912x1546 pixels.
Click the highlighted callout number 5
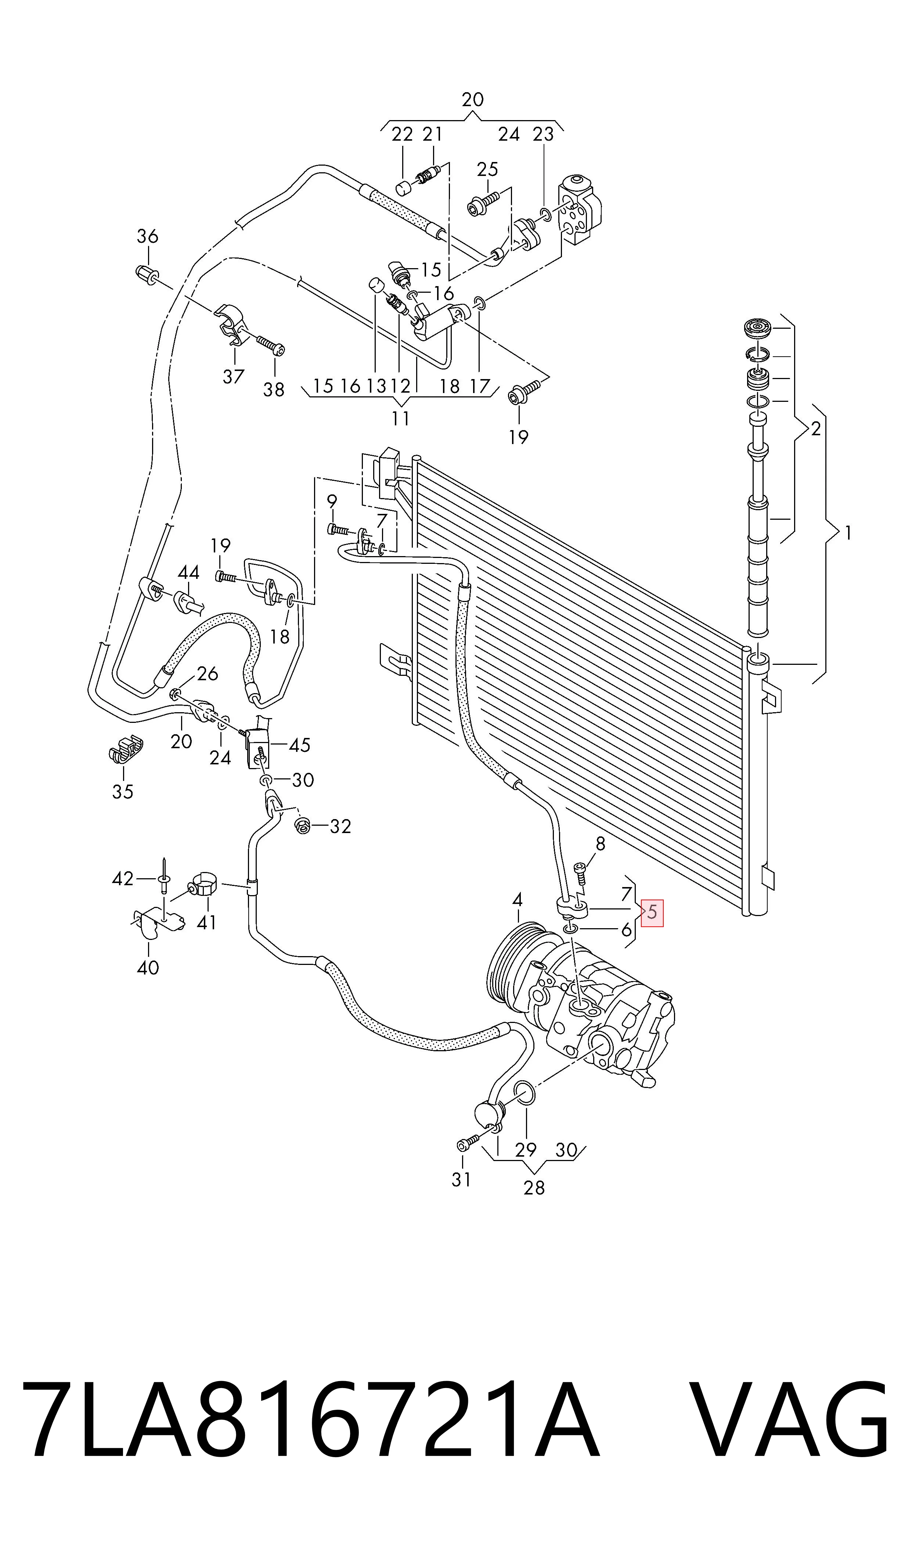(652, 912)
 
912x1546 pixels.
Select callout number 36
(148, 236)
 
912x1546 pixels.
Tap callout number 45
(299, 745)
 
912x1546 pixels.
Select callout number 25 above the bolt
(487, 169)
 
